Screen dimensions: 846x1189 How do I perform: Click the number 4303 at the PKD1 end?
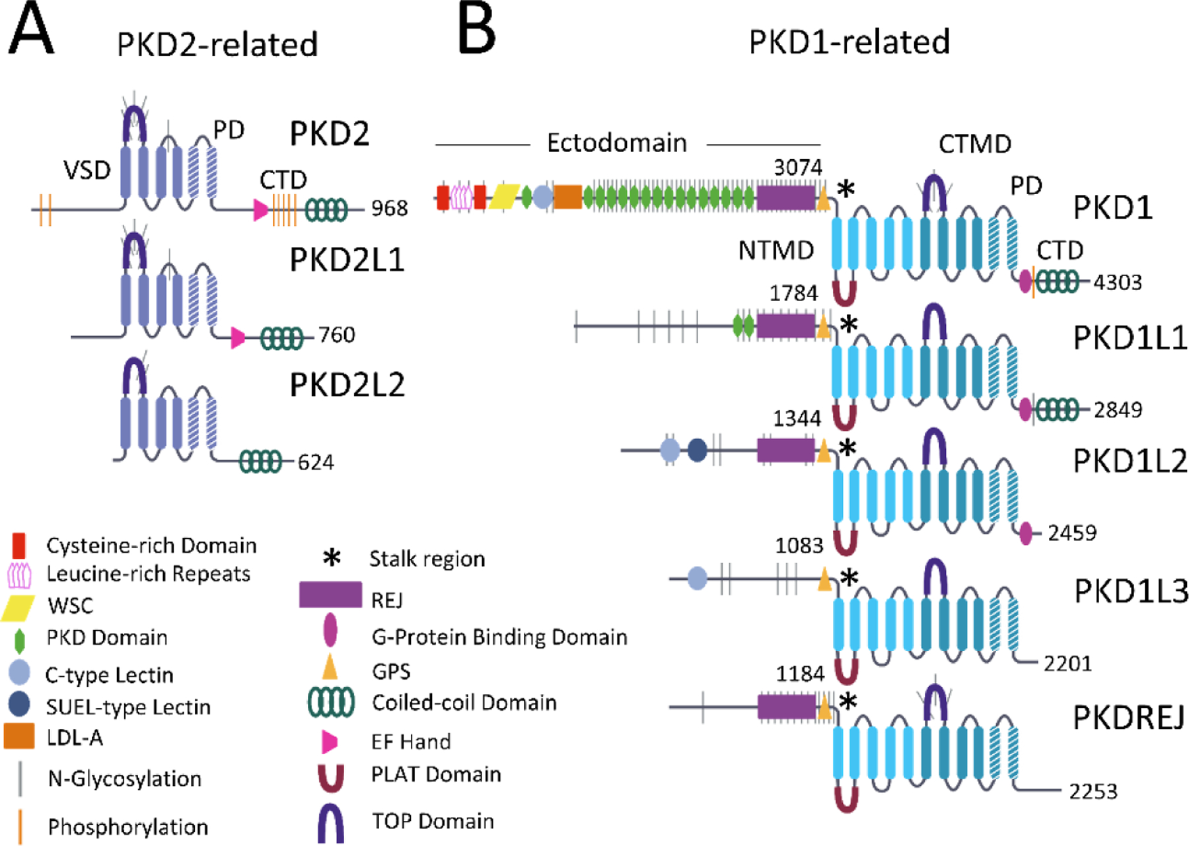(1117, 283)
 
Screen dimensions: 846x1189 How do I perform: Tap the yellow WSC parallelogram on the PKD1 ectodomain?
(505, 196)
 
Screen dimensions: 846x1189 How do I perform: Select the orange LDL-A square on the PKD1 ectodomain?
(567, 197)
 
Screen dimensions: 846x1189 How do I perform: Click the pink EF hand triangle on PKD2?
(261, 211)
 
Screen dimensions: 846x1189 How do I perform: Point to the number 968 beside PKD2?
(389, 209)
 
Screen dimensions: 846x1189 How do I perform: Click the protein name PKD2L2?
(347, 385)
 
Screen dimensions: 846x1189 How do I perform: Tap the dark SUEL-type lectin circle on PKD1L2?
(697, 450)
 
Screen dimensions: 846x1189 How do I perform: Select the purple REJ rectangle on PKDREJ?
(786, 707)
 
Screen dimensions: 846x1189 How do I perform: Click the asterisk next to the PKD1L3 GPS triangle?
(848, 579)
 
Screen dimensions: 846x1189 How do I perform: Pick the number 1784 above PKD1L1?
(793, 293)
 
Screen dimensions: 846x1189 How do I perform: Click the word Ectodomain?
(617, 143)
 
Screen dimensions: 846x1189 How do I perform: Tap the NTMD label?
(775, 251)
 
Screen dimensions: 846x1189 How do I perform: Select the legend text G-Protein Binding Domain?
(499, 637)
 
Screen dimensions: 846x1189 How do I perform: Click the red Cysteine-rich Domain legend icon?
(19, 546)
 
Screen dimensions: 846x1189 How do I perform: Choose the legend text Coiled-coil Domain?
(464, 703)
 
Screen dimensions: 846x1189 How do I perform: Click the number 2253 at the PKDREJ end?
(1093, 791)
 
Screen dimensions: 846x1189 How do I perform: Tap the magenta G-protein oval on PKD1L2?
(1025, 533)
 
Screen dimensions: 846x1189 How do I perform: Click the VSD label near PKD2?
(87, 170)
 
